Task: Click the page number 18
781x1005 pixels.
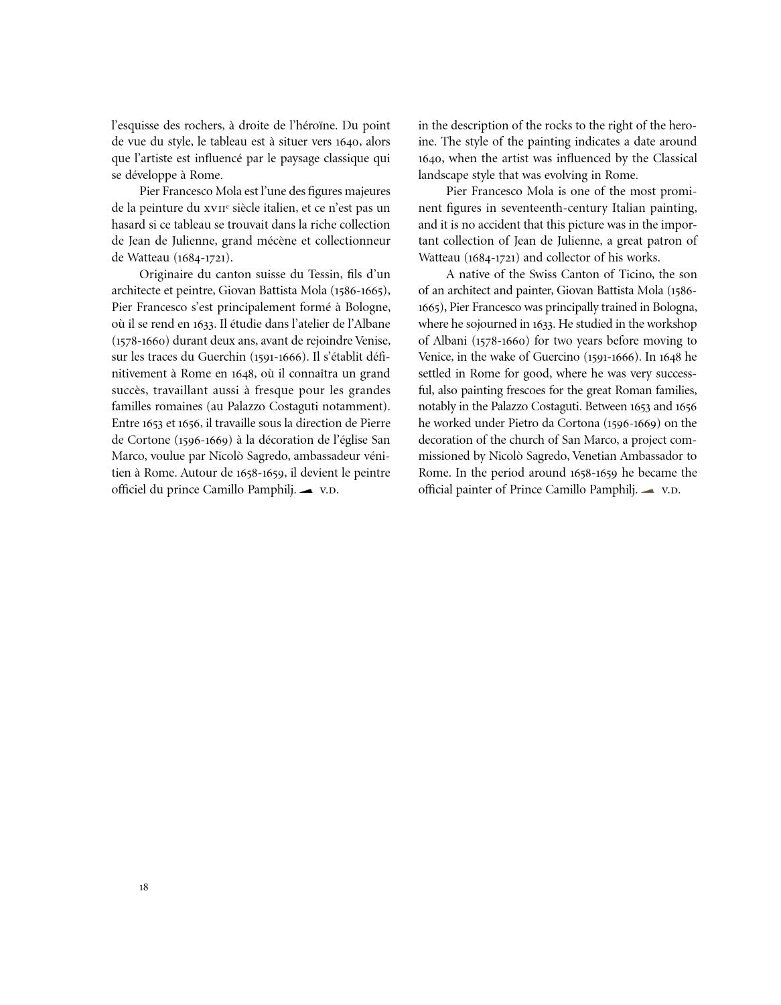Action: [144, 888]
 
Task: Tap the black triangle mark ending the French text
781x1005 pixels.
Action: [306, 491]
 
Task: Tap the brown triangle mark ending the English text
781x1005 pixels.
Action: [648, 491]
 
